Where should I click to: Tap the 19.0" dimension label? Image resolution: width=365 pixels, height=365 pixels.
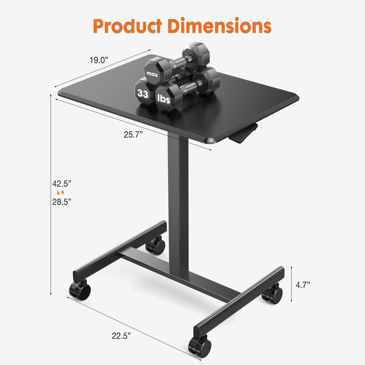pyautogui.click(x=99, y=60)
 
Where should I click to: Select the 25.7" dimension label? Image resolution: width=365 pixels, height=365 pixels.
pyautogui.click(x=133, y=135)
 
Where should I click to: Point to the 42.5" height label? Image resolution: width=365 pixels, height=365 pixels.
pyautogui.click(x=62, y=184)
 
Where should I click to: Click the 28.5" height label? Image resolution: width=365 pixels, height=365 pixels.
pyautogui.click(x=62, y=202)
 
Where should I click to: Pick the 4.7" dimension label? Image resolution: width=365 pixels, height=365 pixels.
pyautogui.click(x=303, y=285)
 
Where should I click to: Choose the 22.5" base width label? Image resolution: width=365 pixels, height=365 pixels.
pyautogui.click(x=121, y=336)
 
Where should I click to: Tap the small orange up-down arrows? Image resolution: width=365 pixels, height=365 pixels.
pyautogui.click(x=61, y=193)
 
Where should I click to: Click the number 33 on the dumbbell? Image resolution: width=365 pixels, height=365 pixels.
pyautogui.click(x=143, y=94)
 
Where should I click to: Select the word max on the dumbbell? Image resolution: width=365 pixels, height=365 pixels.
pyautogui.click(x=152, y=74)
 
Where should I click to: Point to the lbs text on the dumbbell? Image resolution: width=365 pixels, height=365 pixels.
pyautogui.click(x=164, y=99)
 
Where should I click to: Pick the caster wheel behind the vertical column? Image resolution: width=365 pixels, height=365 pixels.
pyautogui.click(x=156, y=246)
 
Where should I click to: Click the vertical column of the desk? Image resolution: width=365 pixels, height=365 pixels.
pyautogui.click(x=178, y=202)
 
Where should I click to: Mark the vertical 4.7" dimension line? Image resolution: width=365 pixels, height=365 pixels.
pyautogui.click(x=291, y=284)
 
